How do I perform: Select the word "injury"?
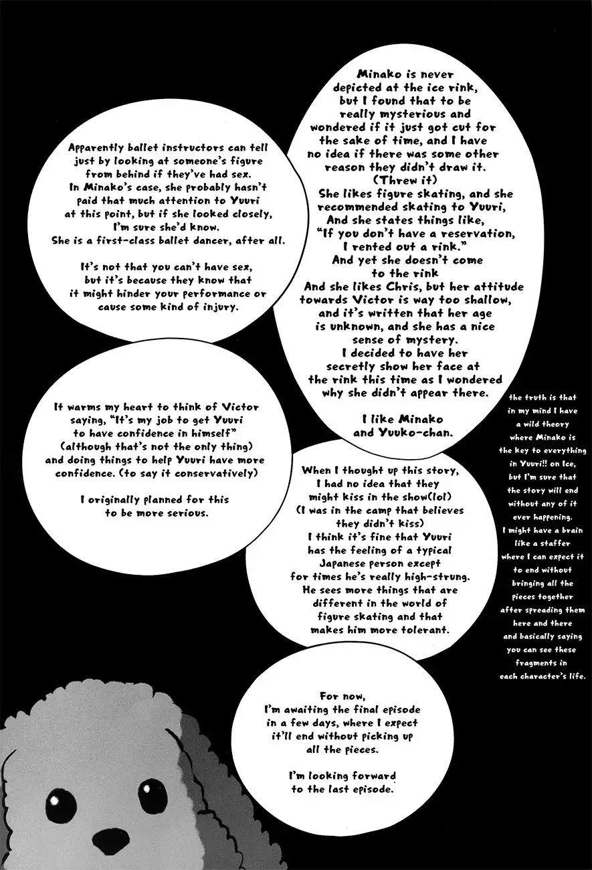(x=213, y=307)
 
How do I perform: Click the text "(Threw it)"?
(x=402, y=180)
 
